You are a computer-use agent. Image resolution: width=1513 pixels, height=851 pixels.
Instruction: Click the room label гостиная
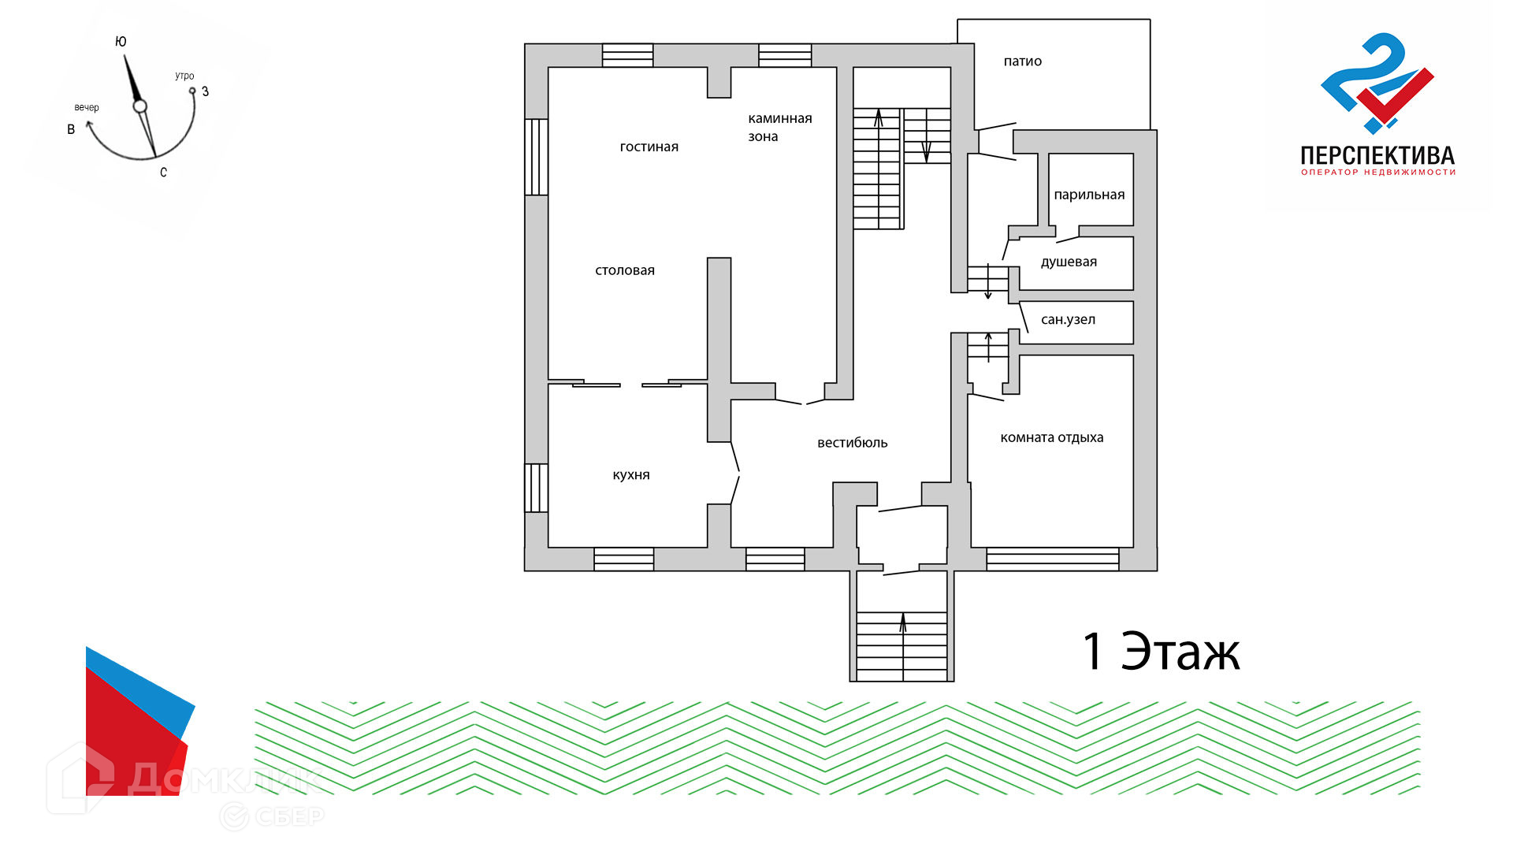tap(649, 147)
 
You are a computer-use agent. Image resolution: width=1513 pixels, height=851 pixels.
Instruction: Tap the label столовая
tap(625, 270)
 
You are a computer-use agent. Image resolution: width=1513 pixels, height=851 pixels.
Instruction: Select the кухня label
tap(631, 475)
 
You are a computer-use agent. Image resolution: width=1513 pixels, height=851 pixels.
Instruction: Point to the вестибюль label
tap(853, 443)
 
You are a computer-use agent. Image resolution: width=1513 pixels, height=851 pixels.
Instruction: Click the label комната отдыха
tap(1052, 438)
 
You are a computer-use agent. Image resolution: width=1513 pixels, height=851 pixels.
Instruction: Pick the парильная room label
tap(1090, 195)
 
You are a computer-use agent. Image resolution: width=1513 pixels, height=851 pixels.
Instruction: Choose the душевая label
tap(1069, 262)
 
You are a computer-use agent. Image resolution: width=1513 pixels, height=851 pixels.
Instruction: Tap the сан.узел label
tap(1069, 320)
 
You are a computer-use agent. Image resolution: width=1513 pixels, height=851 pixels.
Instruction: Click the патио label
tap(1023, 61)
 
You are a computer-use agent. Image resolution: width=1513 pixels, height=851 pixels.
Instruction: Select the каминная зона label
tap(780, 128)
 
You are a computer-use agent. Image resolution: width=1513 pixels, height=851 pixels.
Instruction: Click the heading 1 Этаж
tap(1162, 652)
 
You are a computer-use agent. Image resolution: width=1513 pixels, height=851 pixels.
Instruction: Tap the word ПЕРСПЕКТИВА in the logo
tap(1377, 155)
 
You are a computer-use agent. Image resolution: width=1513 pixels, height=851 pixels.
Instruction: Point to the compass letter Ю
tap(121, 42)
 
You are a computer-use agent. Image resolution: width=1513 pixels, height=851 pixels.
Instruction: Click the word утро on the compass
tap(184, 76)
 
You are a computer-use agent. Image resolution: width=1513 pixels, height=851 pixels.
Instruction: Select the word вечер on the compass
tap(87, 107)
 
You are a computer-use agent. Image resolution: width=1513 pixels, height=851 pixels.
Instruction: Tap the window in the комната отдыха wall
tap(1053, 559)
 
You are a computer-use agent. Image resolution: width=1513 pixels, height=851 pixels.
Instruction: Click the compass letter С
tap(163, 173)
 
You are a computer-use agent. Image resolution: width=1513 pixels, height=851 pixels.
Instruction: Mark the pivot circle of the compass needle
tap(139, 106)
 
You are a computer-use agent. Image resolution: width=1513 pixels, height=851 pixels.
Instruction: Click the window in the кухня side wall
tap(537, 488)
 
